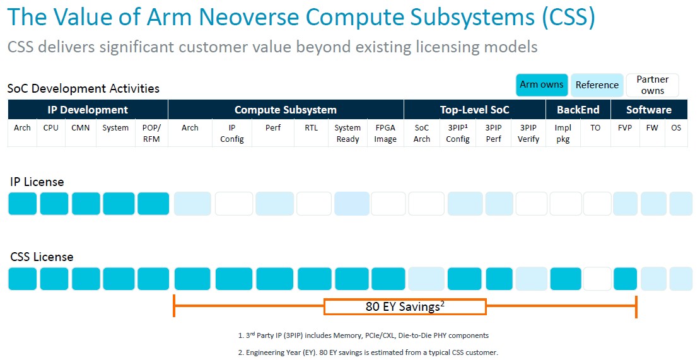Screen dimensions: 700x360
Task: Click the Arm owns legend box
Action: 542,84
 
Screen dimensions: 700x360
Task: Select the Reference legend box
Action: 597,84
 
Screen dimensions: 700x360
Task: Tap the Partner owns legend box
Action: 652,84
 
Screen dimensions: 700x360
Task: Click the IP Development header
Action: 88,110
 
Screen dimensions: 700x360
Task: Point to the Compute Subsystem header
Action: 286,110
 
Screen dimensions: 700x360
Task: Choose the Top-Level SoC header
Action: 475,110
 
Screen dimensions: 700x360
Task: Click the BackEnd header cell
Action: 578,110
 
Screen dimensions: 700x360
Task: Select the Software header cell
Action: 649,110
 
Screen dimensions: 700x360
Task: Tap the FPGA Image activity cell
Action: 385,133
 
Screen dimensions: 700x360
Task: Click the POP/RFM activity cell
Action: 152,133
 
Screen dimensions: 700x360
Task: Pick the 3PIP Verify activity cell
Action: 528,133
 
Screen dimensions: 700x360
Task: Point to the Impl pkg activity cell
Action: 563,133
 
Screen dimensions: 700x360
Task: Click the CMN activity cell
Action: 80,133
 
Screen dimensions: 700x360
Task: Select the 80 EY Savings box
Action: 405,306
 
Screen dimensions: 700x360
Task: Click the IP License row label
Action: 37,182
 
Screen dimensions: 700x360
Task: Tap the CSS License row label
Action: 42,257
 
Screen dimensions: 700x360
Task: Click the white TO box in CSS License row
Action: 597,279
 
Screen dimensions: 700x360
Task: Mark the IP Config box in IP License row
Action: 234,204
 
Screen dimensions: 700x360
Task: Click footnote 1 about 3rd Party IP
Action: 363,335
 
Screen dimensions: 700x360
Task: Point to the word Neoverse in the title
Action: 248,18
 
